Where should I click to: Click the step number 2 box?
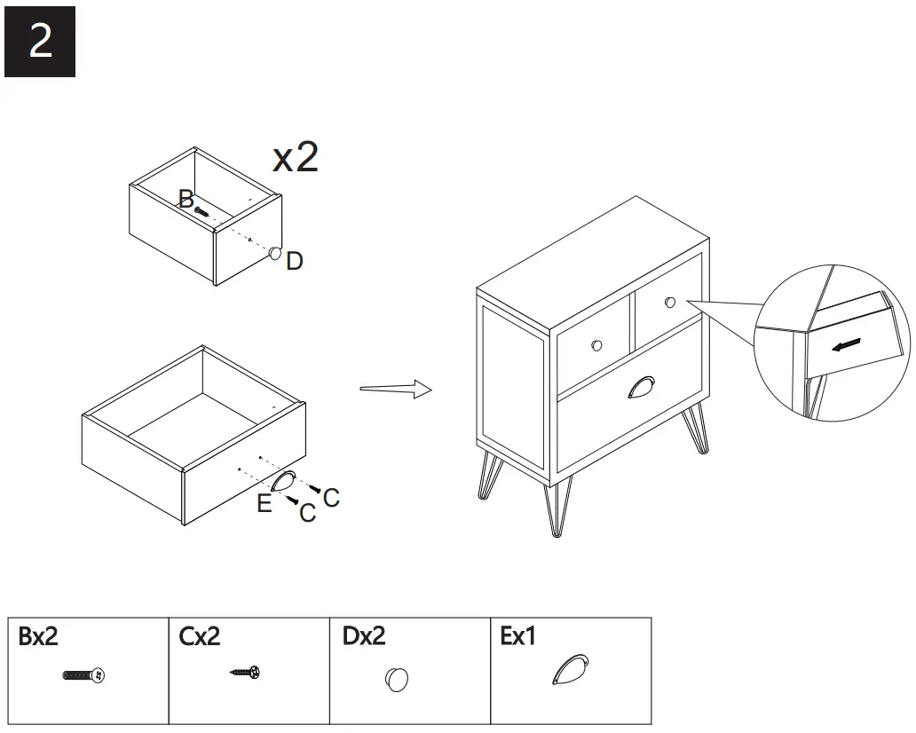click(x=40, y=42)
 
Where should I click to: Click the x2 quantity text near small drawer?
click(x=296, y=157)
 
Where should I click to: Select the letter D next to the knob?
click(x=295, y=261)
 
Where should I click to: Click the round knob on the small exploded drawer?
click(x=275, y=254)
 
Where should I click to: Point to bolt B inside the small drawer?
click(x=202, y=211)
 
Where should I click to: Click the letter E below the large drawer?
click(x=265, y=504)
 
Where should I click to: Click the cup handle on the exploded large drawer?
click(x=283, y=483)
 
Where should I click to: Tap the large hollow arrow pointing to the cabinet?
click(x=395, y=389)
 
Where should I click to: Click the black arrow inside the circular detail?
click(x=847, y=344)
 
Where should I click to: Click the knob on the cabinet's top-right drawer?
click(x=669, y=303)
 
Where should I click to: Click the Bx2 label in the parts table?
click(x=38, y=636)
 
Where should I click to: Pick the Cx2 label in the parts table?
click(x=200, y=636)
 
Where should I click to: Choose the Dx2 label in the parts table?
click(x=364, y=636)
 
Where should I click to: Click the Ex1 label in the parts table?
click(x=519, y=636)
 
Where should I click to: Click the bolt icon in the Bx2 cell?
click(x=84, y=676)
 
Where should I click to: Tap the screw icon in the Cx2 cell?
click(x=246, y=673)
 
